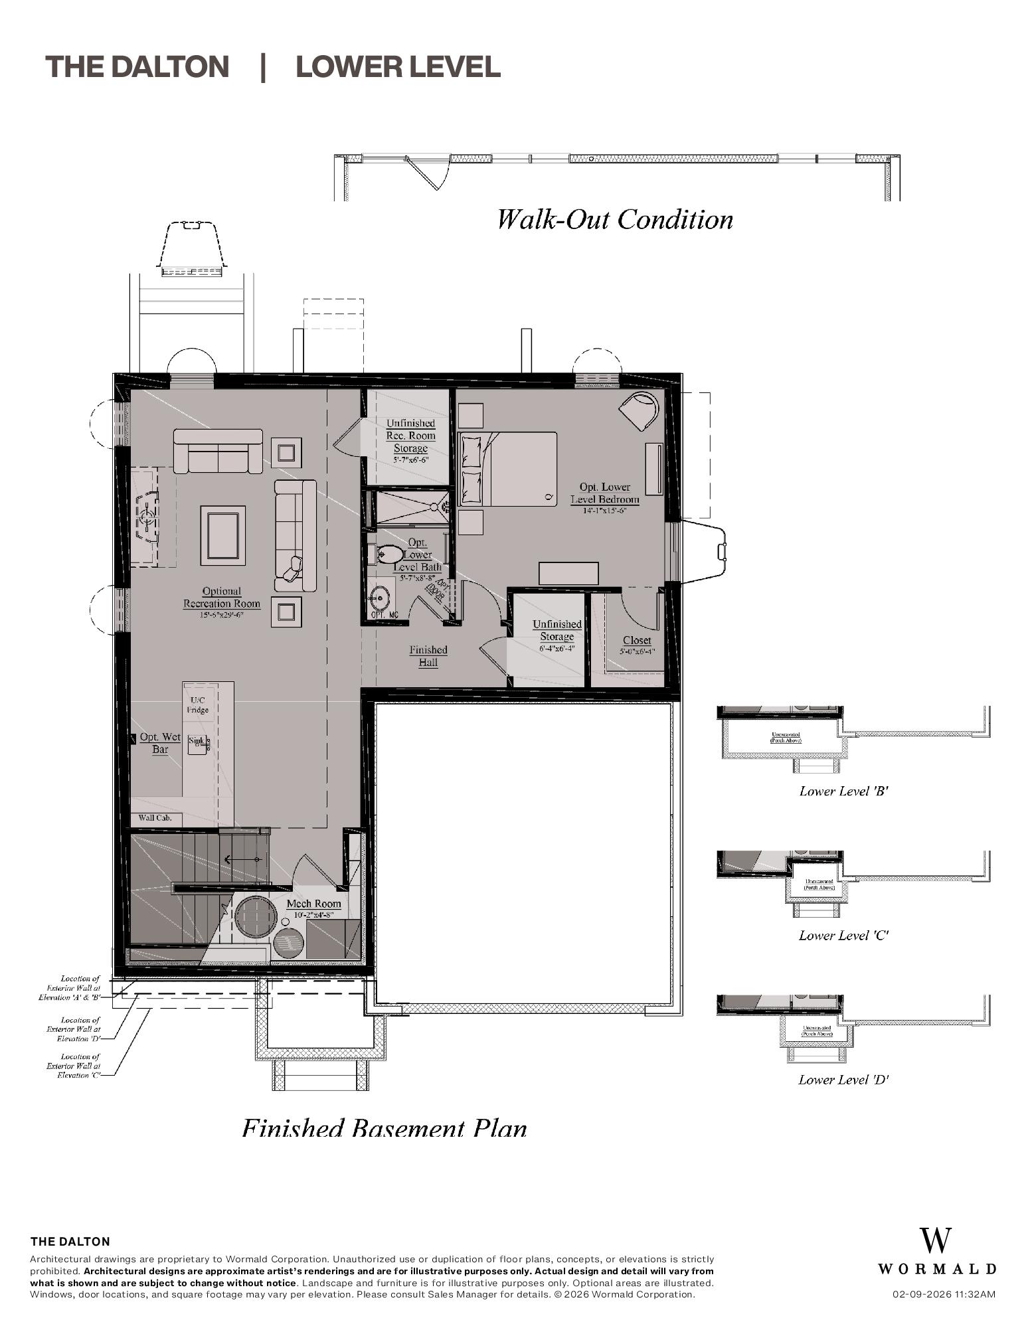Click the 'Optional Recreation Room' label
pyautogui.click(x=222, y=598)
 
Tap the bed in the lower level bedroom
pyautogui.click(x=508, y=469)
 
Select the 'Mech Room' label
pyautogui.click(x=313, y=904)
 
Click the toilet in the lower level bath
pyautogui.click(x=388, y=554)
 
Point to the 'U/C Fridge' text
pyautogui.click(x=198, y=705)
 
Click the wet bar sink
pyautogui.click(x=198, y=744)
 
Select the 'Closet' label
pyautogui.click(x=636, y=640)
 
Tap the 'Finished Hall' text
pyautogui.click(x=428, y=656)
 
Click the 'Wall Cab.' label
pyautogui.click(x=155, y=817)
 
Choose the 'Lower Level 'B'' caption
pyautogui.click(x=843, y=791)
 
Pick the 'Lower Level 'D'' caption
pyautogui.click(x=843, y=1080)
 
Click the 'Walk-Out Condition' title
pyautogui.click(x=615, y=219)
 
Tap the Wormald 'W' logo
pyautogui.click(x=936, y=1240)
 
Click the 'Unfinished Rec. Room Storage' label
pyautogui.click(x=410, y=436)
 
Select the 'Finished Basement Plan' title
pyautogui.click(x=385, y=1128)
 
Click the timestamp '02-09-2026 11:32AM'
pyautogui.click(x=943, y=1294)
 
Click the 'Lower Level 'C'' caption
pyautogui.click(x=843, y=936)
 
